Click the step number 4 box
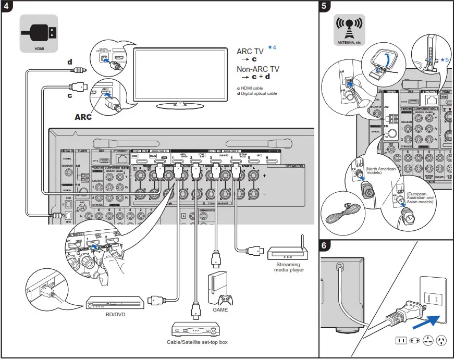pos(7,7)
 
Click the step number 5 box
pos(325,7)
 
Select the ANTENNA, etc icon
pos(349,30)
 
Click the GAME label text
pos(220,309)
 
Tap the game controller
pos(226,300)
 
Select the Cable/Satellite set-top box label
pos(197,342)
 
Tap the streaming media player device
pos(288,253)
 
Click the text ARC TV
pos(251,52)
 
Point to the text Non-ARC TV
pos(258,69)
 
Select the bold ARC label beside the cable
pos(82,117)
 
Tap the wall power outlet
pos(430,299)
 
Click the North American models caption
pos(380,171)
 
